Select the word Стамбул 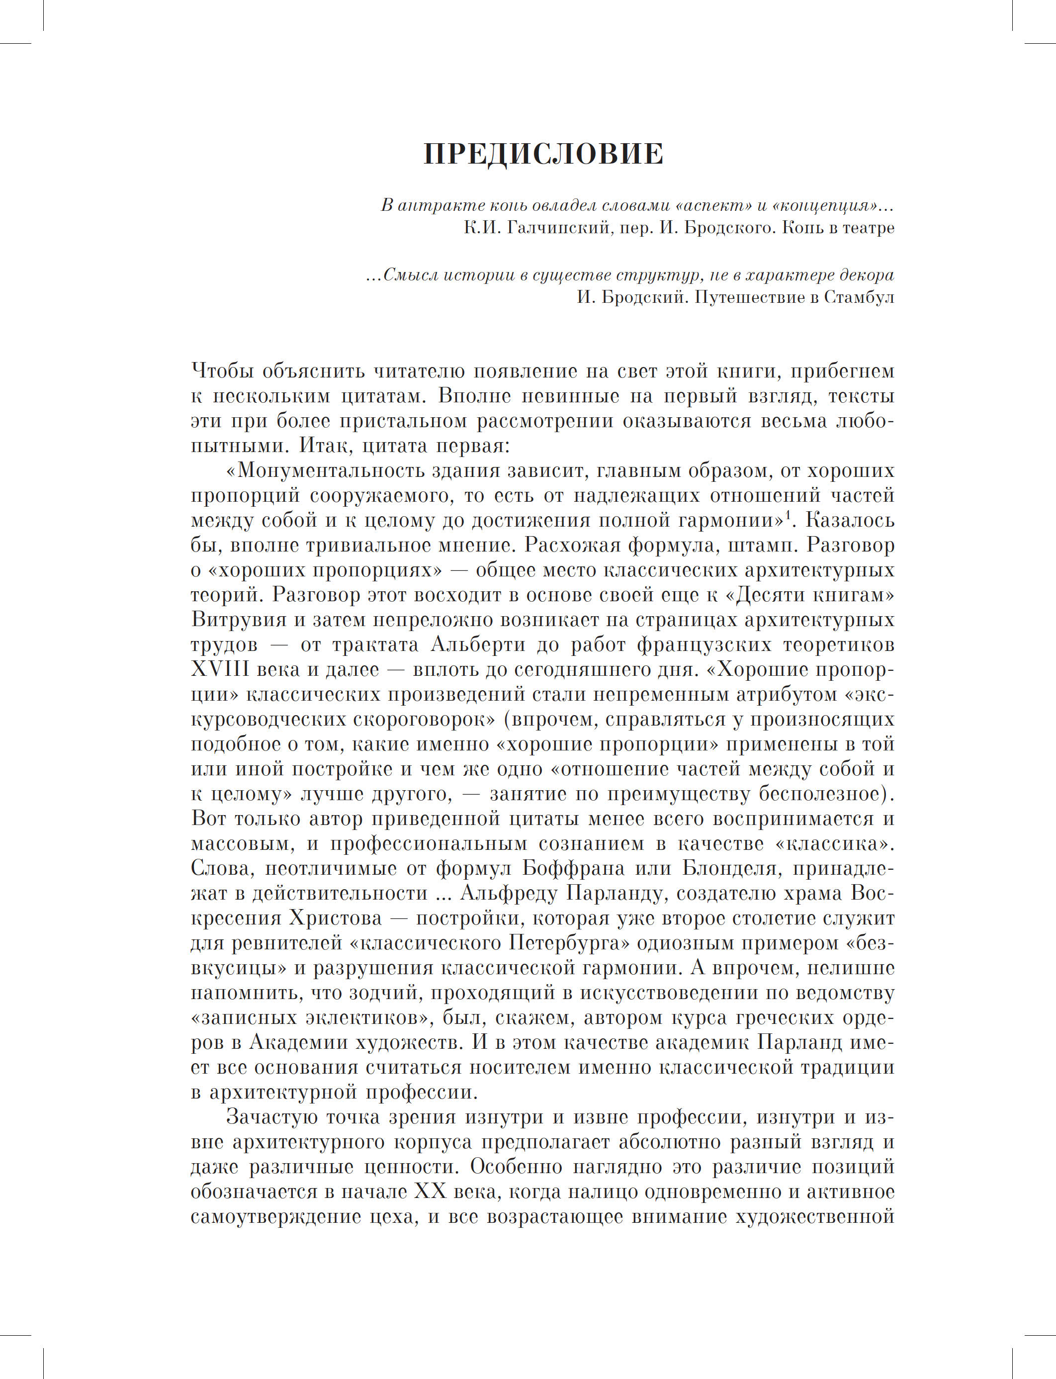pyautogui.click(x=859, y=297)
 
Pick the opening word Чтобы pyautogui.click(x=221, y=371)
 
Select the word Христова pyautogui.click(x=335, y=919)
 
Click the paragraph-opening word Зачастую pyautogui.click(x=271, y=1117)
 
